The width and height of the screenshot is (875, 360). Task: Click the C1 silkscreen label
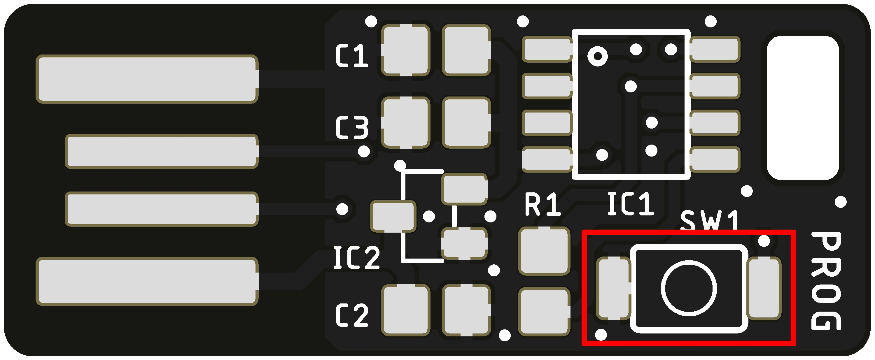(x=351, y=55)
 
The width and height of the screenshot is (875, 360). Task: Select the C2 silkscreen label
(x=351, y=315)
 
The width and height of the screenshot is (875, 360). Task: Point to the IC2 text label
(x=356, y=258)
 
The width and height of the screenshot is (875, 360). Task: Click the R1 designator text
(x=542, y=204)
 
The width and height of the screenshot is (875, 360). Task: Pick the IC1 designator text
(x=630, y=204)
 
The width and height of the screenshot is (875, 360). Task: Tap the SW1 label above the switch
(x=709, y=221)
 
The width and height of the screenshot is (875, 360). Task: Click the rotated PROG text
(x=826, y=281)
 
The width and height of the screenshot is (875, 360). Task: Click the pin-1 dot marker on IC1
(x=598, y=56)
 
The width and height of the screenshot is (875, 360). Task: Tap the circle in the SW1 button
(x=689, y=288)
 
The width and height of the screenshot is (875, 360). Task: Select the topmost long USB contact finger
(x=147, y=79)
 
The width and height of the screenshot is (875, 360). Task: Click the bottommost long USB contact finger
(x=147, y=281)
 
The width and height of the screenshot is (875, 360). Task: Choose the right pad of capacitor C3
(x=466, y=123)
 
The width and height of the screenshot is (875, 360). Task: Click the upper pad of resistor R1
(x=544, y=251)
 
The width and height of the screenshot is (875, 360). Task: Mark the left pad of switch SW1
(x=613, y=289)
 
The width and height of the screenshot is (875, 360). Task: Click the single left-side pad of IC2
(x=393, y=216)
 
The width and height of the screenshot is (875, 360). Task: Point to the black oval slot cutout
(x=803, y=108)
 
